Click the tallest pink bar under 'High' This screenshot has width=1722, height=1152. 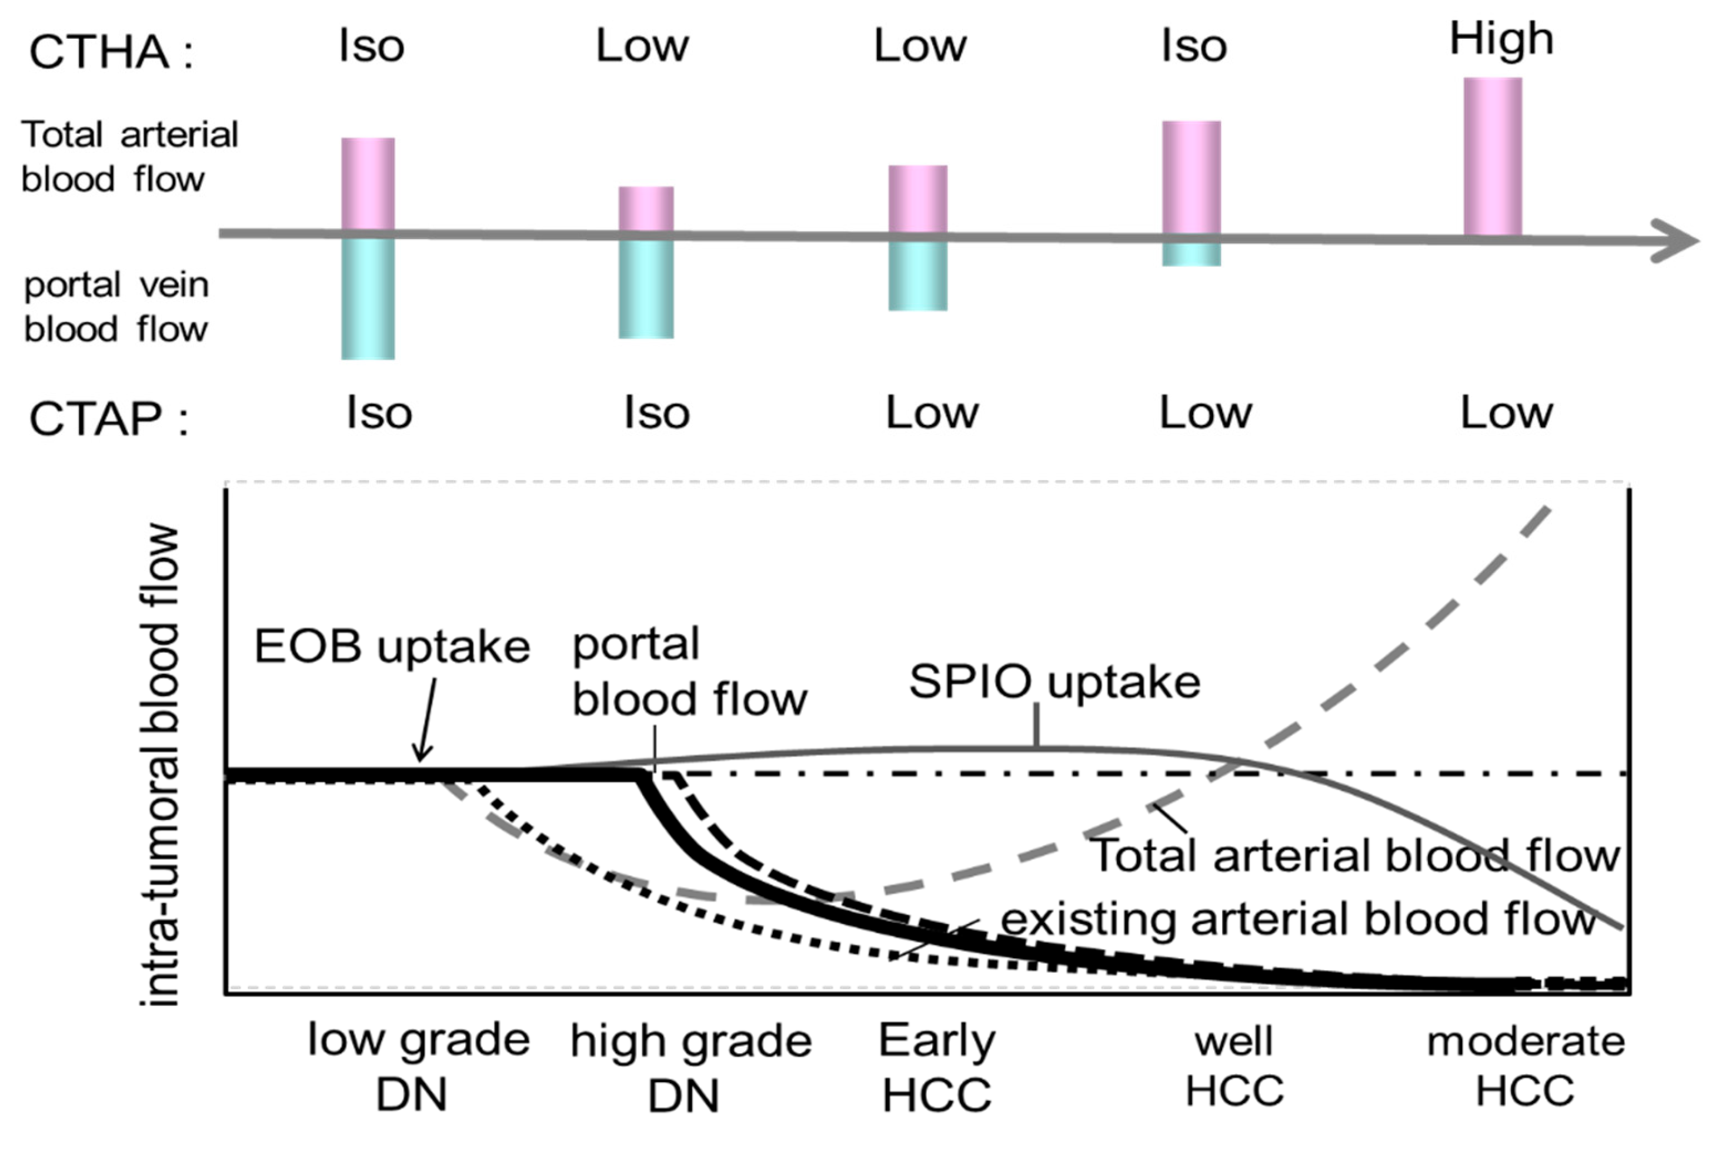pyautogui.click(x=1492, y=156)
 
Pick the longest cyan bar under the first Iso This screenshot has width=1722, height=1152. pyautogui.click(x=368, y=297)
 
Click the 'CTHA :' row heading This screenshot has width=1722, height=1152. pyautogui.click(x=110, y=53)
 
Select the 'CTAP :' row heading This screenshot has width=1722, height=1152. pyautogui.click(x=109, y=420)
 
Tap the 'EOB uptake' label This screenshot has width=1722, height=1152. pyautogui.click(x=392, y=647)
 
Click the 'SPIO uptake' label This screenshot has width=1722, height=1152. pyautogui.click(x=1054, y=682)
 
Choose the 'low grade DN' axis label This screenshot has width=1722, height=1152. pyautogui.click(x=418, y=1067)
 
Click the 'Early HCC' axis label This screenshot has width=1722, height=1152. pyautogui.click(x=937, y=1067)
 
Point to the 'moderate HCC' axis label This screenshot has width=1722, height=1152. pyautogui.click(x=1526, y=1065)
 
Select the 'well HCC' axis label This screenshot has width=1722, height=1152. pyautogui.click(x=1234, y=1065)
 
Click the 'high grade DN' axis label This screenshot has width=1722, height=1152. pyautogui.click(x=691, y=1067)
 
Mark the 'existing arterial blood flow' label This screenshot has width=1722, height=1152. pyautogui.click(x=1298, y=919)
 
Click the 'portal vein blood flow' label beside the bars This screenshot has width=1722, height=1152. pyautogui.click(x=116, y=307)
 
